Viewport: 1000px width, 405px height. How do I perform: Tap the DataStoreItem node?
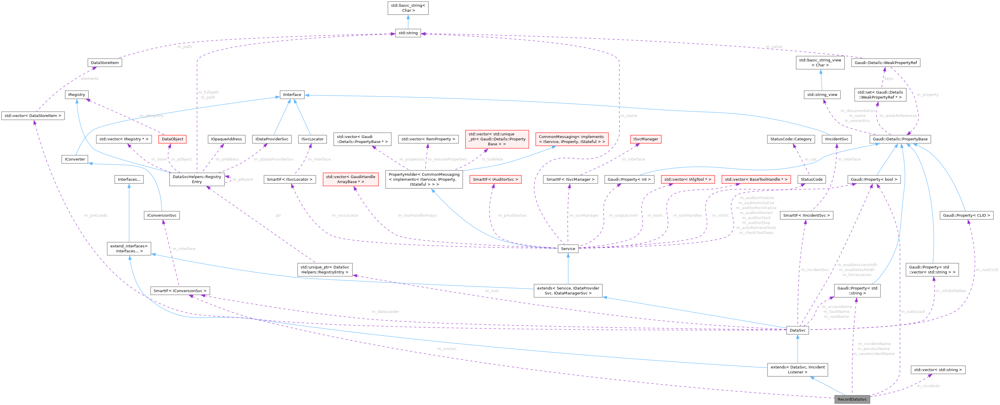(x=105, y=63)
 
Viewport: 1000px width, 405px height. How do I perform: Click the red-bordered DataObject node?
(x=172, y=139)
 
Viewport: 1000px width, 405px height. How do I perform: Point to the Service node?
(x=568, y=249)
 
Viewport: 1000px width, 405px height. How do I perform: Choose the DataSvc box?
(x=797, y=330)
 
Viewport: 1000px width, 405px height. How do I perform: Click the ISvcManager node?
(x=645, y=139)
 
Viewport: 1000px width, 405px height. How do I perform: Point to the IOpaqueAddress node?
(x=226, y=139)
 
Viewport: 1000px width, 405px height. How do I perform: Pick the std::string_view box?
(x=822, y=95)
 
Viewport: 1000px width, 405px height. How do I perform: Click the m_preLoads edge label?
(x=96, y=215)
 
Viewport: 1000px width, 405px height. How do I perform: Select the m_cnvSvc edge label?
(x=447, y=349)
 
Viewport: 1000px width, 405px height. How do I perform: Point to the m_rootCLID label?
(x=987, y=270)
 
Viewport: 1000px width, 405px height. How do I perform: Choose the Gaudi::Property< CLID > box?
(x=966, y=215)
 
